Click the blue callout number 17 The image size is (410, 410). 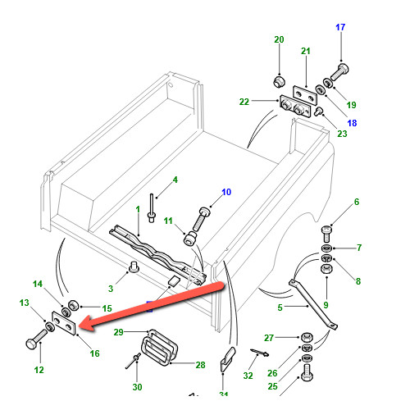(x=340, y=27)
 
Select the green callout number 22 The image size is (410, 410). (x=244, y=102)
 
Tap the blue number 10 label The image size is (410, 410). (x=226, y=192)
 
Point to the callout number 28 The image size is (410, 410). (x=200, y=365)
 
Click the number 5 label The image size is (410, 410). (x=280, y=307)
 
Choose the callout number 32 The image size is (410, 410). (x=248, y=376)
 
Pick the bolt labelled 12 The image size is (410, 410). (x=37, y=339)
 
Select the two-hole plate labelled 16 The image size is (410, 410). (x=64, y=322)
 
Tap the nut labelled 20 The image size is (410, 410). (x=280, y=82)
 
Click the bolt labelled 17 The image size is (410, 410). (x=339, y=71)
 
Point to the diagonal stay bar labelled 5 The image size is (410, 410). (x=313, y=304)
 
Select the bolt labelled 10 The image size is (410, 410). (x=201, y=220)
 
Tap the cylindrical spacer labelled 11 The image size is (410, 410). (x=190, y=238)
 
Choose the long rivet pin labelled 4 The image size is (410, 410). (x=152, y=208)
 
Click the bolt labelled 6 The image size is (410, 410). (x=326, y=234)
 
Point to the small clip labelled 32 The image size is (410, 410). (x=260, y=353)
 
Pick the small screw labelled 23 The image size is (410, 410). (x=319, y=112)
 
